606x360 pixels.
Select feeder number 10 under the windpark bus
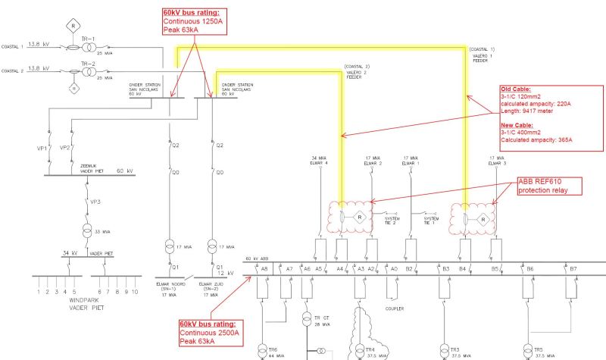coord(135,291)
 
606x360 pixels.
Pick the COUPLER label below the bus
coord(394,309)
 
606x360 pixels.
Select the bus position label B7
coord(573,269)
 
